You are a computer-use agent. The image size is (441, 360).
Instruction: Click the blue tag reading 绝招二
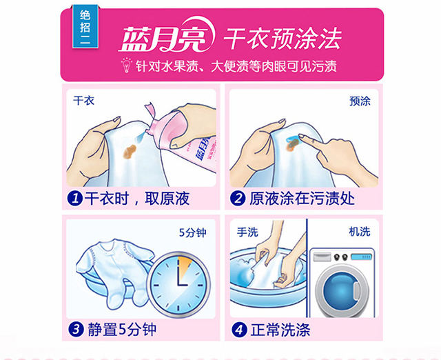coord(85,27)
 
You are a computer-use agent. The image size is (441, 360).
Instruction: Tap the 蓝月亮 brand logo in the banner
coord(167,36)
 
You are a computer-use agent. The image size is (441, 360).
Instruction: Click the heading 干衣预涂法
coord(283,39)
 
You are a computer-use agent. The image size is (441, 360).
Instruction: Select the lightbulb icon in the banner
coord(126,65)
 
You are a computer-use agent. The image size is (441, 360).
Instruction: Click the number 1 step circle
coord(75,199)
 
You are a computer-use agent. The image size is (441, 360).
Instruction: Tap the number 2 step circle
coord(238,198)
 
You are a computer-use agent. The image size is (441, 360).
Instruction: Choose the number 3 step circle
coord(76,329)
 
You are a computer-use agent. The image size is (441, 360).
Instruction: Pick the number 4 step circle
coord(239,330)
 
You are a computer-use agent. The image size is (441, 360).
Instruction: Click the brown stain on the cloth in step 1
coord(130,151)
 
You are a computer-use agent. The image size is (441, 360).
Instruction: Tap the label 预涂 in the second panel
coord(360,101)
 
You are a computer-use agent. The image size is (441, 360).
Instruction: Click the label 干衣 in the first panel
coord(83,101)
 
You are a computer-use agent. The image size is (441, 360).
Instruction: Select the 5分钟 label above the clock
coord(193,232)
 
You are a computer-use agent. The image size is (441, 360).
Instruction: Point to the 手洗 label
coord(247,232)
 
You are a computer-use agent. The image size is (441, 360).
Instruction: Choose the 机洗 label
coord(360,232)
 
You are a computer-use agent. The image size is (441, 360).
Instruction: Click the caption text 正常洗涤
coord(280,330)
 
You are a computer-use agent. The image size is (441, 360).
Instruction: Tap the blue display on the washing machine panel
coord(361,257)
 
